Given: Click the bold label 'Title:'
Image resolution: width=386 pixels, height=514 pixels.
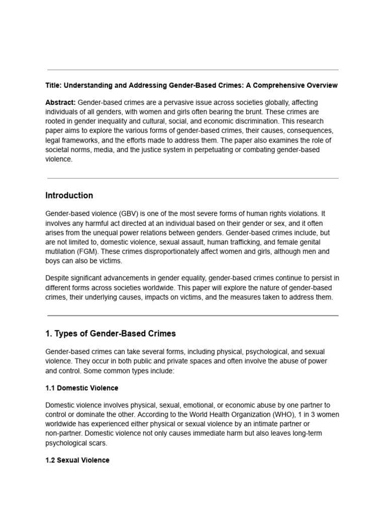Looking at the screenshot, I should [54, 85].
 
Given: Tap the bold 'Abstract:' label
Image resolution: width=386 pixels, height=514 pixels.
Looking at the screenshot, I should [61, 102].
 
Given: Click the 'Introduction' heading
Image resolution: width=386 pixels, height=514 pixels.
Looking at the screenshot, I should [69, 195].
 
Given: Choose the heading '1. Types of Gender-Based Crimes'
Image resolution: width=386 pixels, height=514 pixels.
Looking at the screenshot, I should [111, 333].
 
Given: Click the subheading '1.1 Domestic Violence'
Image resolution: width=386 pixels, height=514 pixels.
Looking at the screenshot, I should [82, 388].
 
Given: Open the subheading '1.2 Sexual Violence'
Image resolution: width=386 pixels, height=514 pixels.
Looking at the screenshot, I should [77, 460].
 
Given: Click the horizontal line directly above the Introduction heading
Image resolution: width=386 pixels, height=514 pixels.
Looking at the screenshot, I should [193, 178].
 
